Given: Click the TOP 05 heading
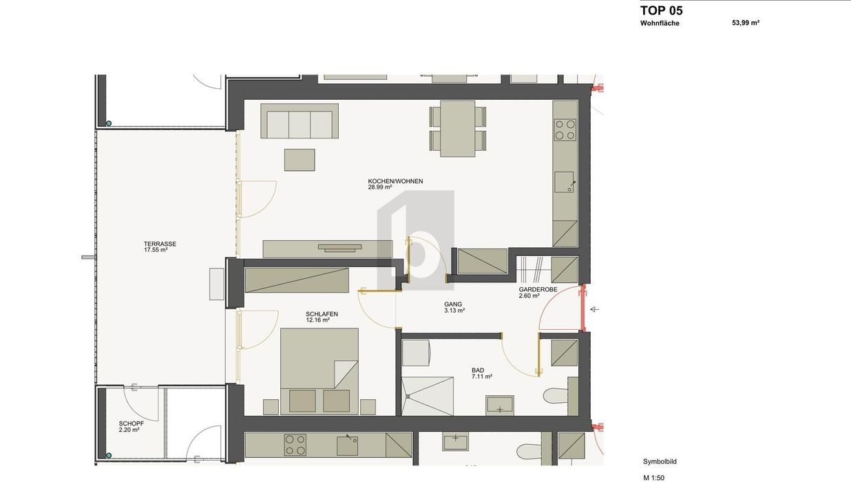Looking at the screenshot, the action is coord(661,10).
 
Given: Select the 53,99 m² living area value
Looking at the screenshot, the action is coord(746,23).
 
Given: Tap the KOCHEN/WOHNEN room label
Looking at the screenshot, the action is coord(395,181).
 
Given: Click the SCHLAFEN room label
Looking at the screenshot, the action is coord(322,314).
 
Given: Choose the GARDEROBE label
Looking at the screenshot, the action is coord(538,289).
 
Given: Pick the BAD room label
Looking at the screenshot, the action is coord(478,370).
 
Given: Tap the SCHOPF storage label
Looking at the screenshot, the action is coord(131,423).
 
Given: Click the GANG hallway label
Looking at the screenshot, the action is coord(453,304).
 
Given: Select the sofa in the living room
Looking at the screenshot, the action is coord(300,120).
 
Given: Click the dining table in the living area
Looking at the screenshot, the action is coord(458,128).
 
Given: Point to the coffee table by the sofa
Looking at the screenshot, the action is coord(300,160).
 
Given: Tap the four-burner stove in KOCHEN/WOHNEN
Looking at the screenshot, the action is coord(565,130).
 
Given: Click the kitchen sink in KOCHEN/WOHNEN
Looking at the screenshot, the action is coord(564,182).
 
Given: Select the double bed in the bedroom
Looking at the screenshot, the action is coord(319,371).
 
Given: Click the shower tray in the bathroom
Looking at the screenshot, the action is coord(428,396).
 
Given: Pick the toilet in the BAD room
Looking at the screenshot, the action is coord(556,396).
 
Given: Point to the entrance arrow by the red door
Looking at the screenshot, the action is coord(595,310).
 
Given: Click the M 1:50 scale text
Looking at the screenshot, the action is coord(654,478).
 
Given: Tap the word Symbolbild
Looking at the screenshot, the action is coord(660,461).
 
